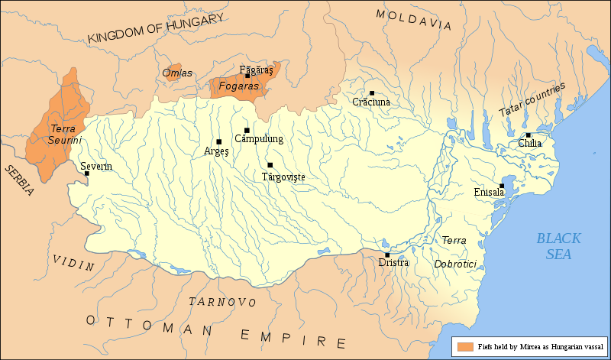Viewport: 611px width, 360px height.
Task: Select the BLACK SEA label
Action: coord(558,246)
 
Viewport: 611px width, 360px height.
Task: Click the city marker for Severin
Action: coord(87,174)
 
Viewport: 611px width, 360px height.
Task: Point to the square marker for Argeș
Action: coord(219,142)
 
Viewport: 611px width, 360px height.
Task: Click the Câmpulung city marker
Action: coord(247,131)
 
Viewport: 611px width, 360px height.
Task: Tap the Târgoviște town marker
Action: coord(270,165)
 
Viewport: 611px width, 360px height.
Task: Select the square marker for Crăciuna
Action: coord(372,93)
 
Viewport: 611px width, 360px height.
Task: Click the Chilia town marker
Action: coord(528,135)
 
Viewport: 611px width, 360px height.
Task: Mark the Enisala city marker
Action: coord(502,186)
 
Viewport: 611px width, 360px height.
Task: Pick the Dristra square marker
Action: coord(387,255)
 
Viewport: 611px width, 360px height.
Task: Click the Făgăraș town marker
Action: coord(247,76)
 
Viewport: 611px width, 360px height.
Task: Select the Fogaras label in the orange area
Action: coord(239,87)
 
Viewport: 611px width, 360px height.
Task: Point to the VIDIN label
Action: coord(73,262)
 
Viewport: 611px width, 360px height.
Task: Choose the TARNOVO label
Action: coord(222,301)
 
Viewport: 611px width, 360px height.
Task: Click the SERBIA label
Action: coord(17,180)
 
